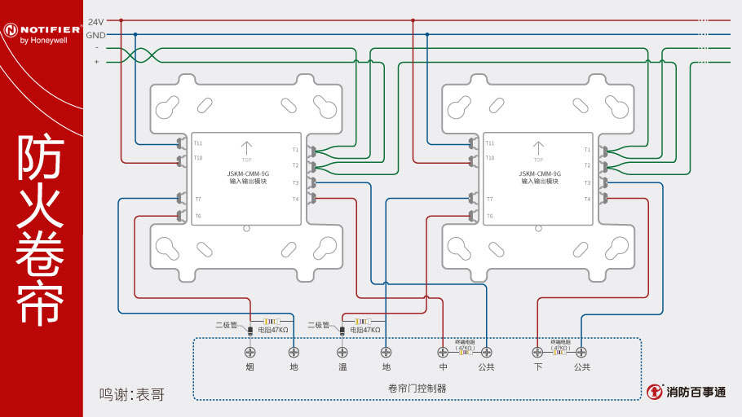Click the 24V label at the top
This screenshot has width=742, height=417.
95,21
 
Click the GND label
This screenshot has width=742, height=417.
95,35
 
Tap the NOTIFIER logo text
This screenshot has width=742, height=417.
47,29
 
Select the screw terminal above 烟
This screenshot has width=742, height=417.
250,352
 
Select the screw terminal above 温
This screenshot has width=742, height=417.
342,352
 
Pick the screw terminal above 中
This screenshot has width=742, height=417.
443,352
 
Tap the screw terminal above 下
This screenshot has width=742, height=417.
537,352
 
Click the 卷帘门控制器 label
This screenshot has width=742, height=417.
417,388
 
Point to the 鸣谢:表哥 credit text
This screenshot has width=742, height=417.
131,394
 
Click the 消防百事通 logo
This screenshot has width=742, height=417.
686,392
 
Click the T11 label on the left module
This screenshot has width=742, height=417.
198,143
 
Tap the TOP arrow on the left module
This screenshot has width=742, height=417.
246,149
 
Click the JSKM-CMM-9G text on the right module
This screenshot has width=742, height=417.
539,174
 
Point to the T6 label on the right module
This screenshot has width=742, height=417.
489,216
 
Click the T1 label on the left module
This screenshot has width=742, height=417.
295,150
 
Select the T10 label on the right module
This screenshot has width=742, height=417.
490,157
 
